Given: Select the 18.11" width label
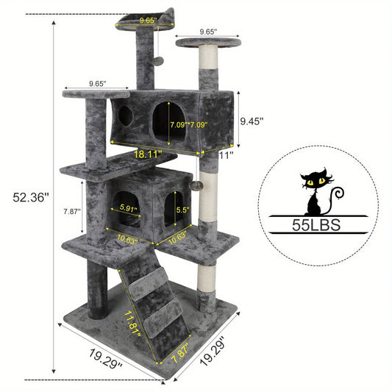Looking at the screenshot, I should tap(148, 154).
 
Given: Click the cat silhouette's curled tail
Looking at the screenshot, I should tap(338, 197).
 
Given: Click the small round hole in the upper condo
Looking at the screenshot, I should tap(126, 115).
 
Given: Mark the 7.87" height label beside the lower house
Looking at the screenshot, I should tap(72, 212).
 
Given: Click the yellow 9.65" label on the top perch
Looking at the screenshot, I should tap(149, 21).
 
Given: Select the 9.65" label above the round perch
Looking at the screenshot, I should tap(207, 32).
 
